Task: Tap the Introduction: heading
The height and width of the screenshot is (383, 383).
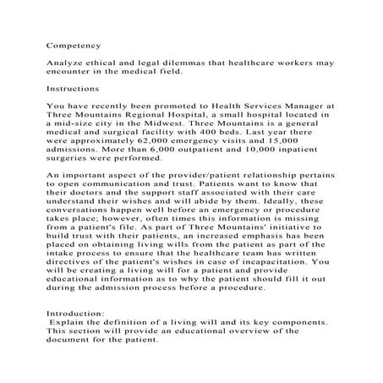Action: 75,313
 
